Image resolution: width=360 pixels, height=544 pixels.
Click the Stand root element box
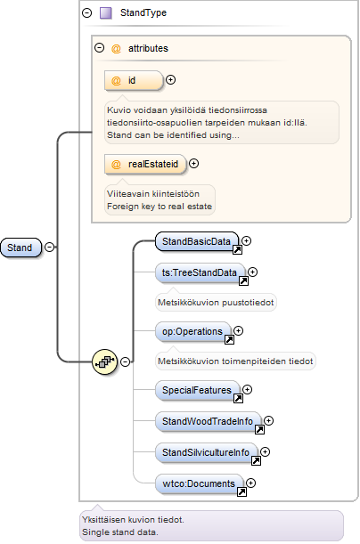[20, 248]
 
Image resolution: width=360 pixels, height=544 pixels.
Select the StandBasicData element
[197, 241]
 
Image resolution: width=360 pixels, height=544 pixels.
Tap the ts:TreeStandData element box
[200, 272]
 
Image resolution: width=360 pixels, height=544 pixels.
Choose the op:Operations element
[192, 332]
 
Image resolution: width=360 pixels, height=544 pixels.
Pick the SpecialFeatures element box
[197, 390]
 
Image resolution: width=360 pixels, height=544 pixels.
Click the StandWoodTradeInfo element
[208, 421]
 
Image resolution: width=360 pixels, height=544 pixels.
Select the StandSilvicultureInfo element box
[206, 453]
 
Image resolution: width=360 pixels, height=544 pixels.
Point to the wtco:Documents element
[199, 483]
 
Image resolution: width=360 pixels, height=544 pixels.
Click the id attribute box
[134, 80]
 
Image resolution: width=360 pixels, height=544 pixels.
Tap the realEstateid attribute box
[145, 164]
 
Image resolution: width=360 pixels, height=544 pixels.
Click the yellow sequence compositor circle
[104, 361]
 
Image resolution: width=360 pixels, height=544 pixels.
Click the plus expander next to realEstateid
[194, 164]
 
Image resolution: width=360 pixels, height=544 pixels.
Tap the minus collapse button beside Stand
[50, 247]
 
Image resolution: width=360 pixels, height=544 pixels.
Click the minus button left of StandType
[86, 12]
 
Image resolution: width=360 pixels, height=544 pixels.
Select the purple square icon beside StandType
[106, 12]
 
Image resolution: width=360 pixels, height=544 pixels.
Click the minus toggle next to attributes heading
[100, 47]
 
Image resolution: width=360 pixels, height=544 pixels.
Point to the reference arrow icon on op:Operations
[230, 339]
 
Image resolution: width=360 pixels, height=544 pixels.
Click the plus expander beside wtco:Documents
[250, 483]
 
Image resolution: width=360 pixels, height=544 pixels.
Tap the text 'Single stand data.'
[120, 532]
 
